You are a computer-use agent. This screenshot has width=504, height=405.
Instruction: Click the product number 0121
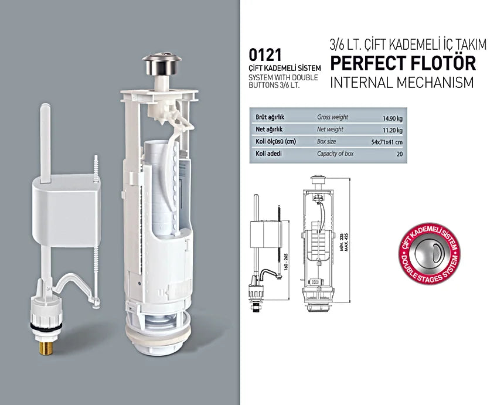coord(267,56)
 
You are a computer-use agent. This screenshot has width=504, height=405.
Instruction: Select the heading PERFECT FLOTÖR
coord(403,62)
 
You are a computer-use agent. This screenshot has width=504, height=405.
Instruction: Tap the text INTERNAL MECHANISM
coord(401,82)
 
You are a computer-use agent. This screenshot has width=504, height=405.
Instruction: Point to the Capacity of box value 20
coord(399,154)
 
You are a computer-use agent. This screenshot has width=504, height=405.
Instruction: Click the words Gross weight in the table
coord(332,117)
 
